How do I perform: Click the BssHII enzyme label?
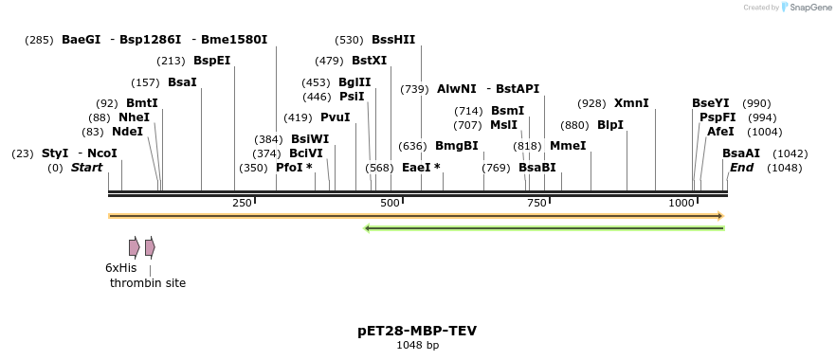pos(393,40)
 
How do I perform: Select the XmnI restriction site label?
pos(631,103)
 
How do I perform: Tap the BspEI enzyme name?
pos(211,61)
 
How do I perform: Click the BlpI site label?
pos(610,125)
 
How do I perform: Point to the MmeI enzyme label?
pos(568,146)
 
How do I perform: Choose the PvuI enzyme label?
pos(335,117)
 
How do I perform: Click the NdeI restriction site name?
pos(127,132)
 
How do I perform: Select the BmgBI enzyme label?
pos(456,146)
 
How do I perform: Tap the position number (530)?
pos(349,40)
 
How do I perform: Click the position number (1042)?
pos(791,153)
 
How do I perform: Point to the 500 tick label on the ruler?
pos(390,204)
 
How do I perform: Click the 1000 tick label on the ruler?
pos(682,204)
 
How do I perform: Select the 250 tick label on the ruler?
pos(242,204)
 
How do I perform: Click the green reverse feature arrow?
pos(544,228)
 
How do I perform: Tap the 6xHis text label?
pos(120,268)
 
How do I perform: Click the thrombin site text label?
pos(148,283)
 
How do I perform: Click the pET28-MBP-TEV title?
pos(417,331)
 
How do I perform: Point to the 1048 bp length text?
pos(417,346)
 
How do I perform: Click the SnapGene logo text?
pos(809,8)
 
